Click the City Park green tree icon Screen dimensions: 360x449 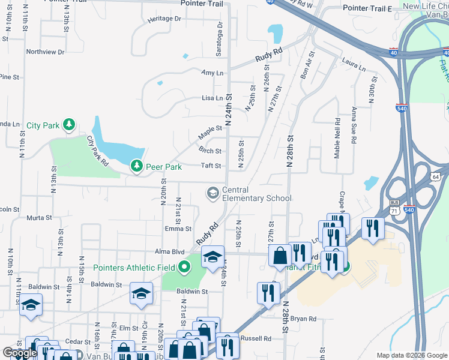point(69,125)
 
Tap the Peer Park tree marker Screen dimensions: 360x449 point(137,166)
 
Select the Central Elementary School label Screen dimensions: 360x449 point(256,194)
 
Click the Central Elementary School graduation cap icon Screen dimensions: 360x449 point(212,193)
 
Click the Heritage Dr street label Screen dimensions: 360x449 point(164,19)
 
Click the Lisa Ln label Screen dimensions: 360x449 point(212,98)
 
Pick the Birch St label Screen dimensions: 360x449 point(210,151)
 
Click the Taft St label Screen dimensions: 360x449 point(211,166)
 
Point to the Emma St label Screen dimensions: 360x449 point(178,229)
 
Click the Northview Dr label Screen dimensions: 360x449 point(45,52)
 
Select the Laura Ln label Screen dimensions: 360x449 point(354,65)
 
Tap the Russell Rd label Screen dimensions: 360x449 point(256,338)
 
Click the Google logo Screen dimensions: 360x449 point(20,353)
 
